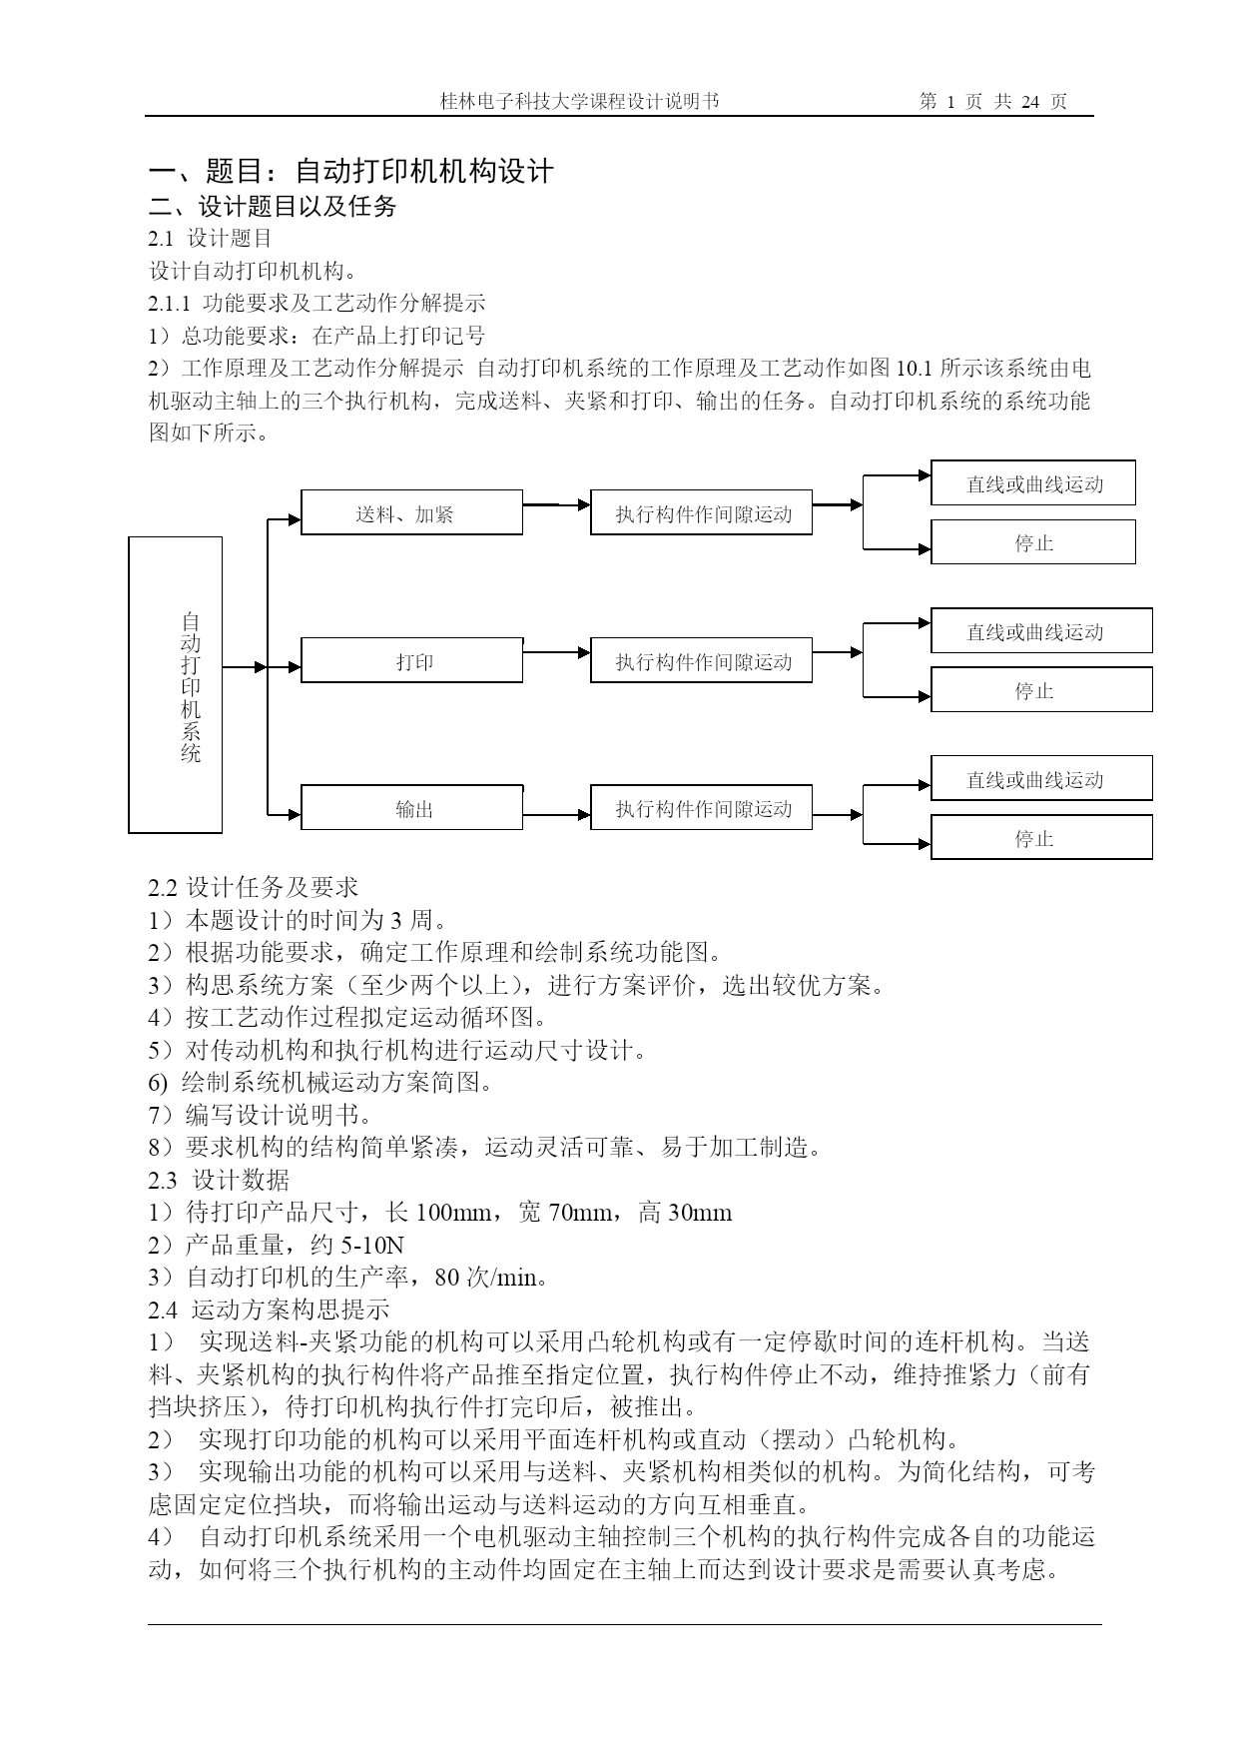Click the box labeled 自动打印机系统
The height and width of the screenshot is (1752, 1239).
(x=176, y=684)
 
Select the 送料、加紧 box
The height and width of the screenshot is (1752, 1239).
(x=411, y=512)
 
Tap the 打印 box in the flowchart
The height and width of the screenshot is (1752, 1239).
(x=411, y=660)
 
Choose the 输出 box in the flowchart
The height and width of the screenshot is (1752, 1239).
(x=411, y=807)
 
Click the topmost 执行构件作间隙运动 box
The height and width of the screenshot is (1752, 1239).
(x=701, y=512)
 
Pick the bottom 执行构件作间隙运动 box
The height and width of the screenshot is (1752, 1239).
(x=701, y=807)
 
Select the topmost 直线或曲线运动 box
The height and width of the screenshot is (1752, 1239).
(x=1033, y=482)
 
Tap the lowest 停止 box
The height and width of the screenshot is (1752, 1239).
(x=1041, y=837)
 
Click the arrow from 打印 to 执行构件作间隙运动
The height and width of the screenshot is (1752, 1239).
(x=557, y=653)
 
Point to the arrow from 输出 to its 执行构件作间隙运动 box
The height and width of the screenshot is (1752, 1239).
(x=557, y=815)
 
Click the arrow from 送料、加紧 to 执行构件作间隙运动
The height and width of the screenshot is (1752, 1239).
(x=557, y=505)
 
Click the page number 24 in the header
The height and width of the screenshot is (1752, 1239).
(x=1031, y=102)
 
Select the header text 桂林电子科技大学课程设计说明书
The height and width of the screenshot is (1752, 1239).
(x=579, y=102)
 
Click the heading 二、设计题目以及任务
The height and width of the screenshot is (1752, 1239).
(x=273, y=206)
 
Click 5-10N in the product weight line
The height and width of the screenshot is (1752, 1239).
(x=372, y=1246)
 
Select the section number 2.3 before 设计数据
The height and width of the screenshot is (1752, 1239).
(x=162, y=1181)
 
